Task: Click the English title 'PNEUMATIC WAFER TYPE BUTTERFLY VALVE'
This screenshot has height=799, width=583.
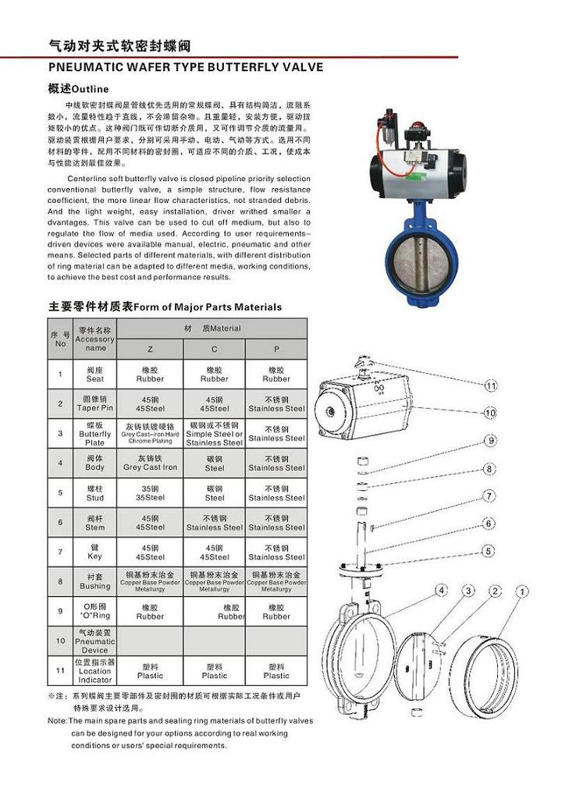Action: (x=186, y=67)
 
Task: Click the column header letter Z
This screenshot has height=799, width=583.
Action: (x=151, y=349)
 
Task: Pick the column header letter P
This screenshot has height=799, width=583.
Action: (x=276, y=349)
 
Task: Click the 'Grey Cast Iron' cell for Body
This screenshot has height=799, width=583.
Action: (x=151, y=463)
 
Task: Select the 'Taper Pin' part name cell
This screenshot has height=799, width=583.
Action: (x=94, y=403)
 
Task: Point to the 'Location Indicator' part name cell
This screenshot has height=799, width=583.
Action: (x=94, y=670)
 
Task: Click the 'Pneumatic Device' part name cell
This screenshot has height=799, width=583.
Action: (x=94, y=641)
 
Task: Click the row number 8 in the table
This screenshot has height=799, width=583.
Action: (x=60, y=581)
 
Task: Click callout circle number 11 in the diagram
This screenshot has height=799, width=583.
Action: (x=490, y=385)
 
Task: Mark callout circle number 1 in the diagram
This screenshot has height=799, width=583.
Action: (x=521, y=591)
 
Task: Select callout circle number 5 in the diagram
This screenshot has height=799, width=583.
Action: (x=489, y=551)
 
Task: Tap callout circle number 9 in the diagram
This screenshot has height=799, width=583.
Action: (x=490, y=441)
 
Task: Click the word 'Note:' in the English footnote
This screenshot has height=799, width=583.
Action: (x=57, y=721)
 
